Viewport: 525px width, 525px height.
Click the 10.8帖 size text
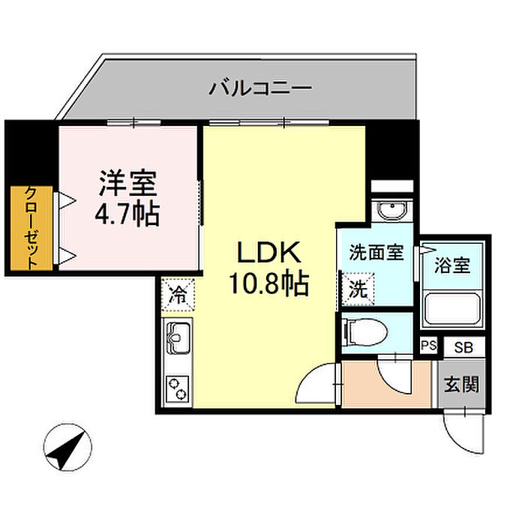coord(269,284)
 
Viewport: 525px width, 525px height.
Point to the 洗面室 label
coord(376,253)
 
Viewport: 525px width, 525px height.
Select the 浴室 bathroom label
coord(453,265)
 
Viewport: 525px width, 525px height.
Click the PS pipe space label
coord(428,346)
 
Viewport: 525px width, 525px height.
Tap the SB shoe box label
coord(463,346)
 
